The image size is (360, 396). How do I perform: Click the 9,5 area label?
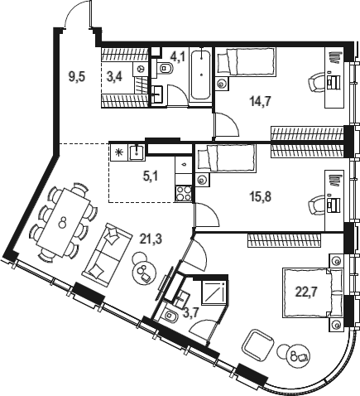coord(76,80)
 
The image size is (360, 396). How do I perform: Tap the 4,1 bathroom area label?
coord(177,58)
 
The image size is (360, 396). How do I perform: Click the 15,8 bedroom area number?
coord(261,197)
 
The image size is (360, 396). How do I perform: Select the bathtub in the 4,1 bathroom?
coord(199,77)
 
